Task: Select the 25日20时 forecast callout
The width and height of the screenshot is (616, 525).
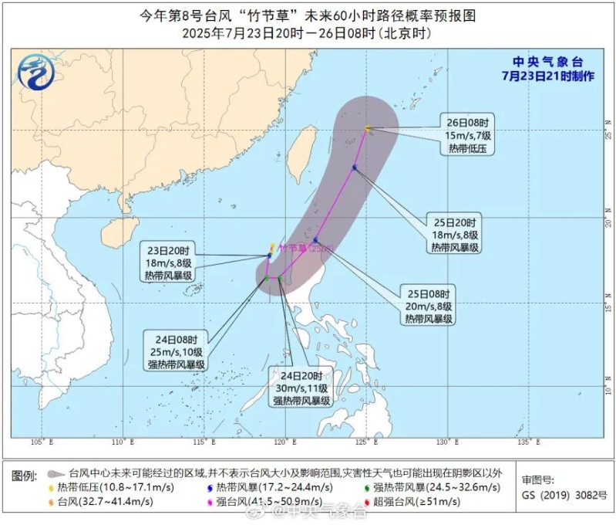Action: coord(457,233)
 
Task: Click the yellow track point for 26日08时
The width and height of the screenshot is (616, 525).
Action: coord(368,128)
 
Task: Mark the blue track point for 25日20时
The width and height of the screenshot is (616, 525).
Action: coord(355,167)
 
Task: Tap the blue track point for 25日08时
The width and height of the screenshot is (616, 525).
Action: coord(315,240)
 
